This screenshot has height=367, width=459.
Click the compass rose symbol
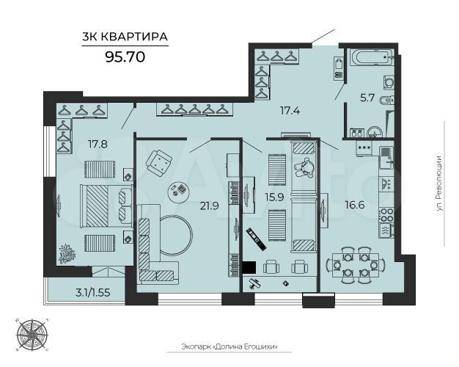point(32,333)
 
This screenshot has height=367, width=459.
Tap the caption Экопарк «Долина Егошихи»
point(229,347)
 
